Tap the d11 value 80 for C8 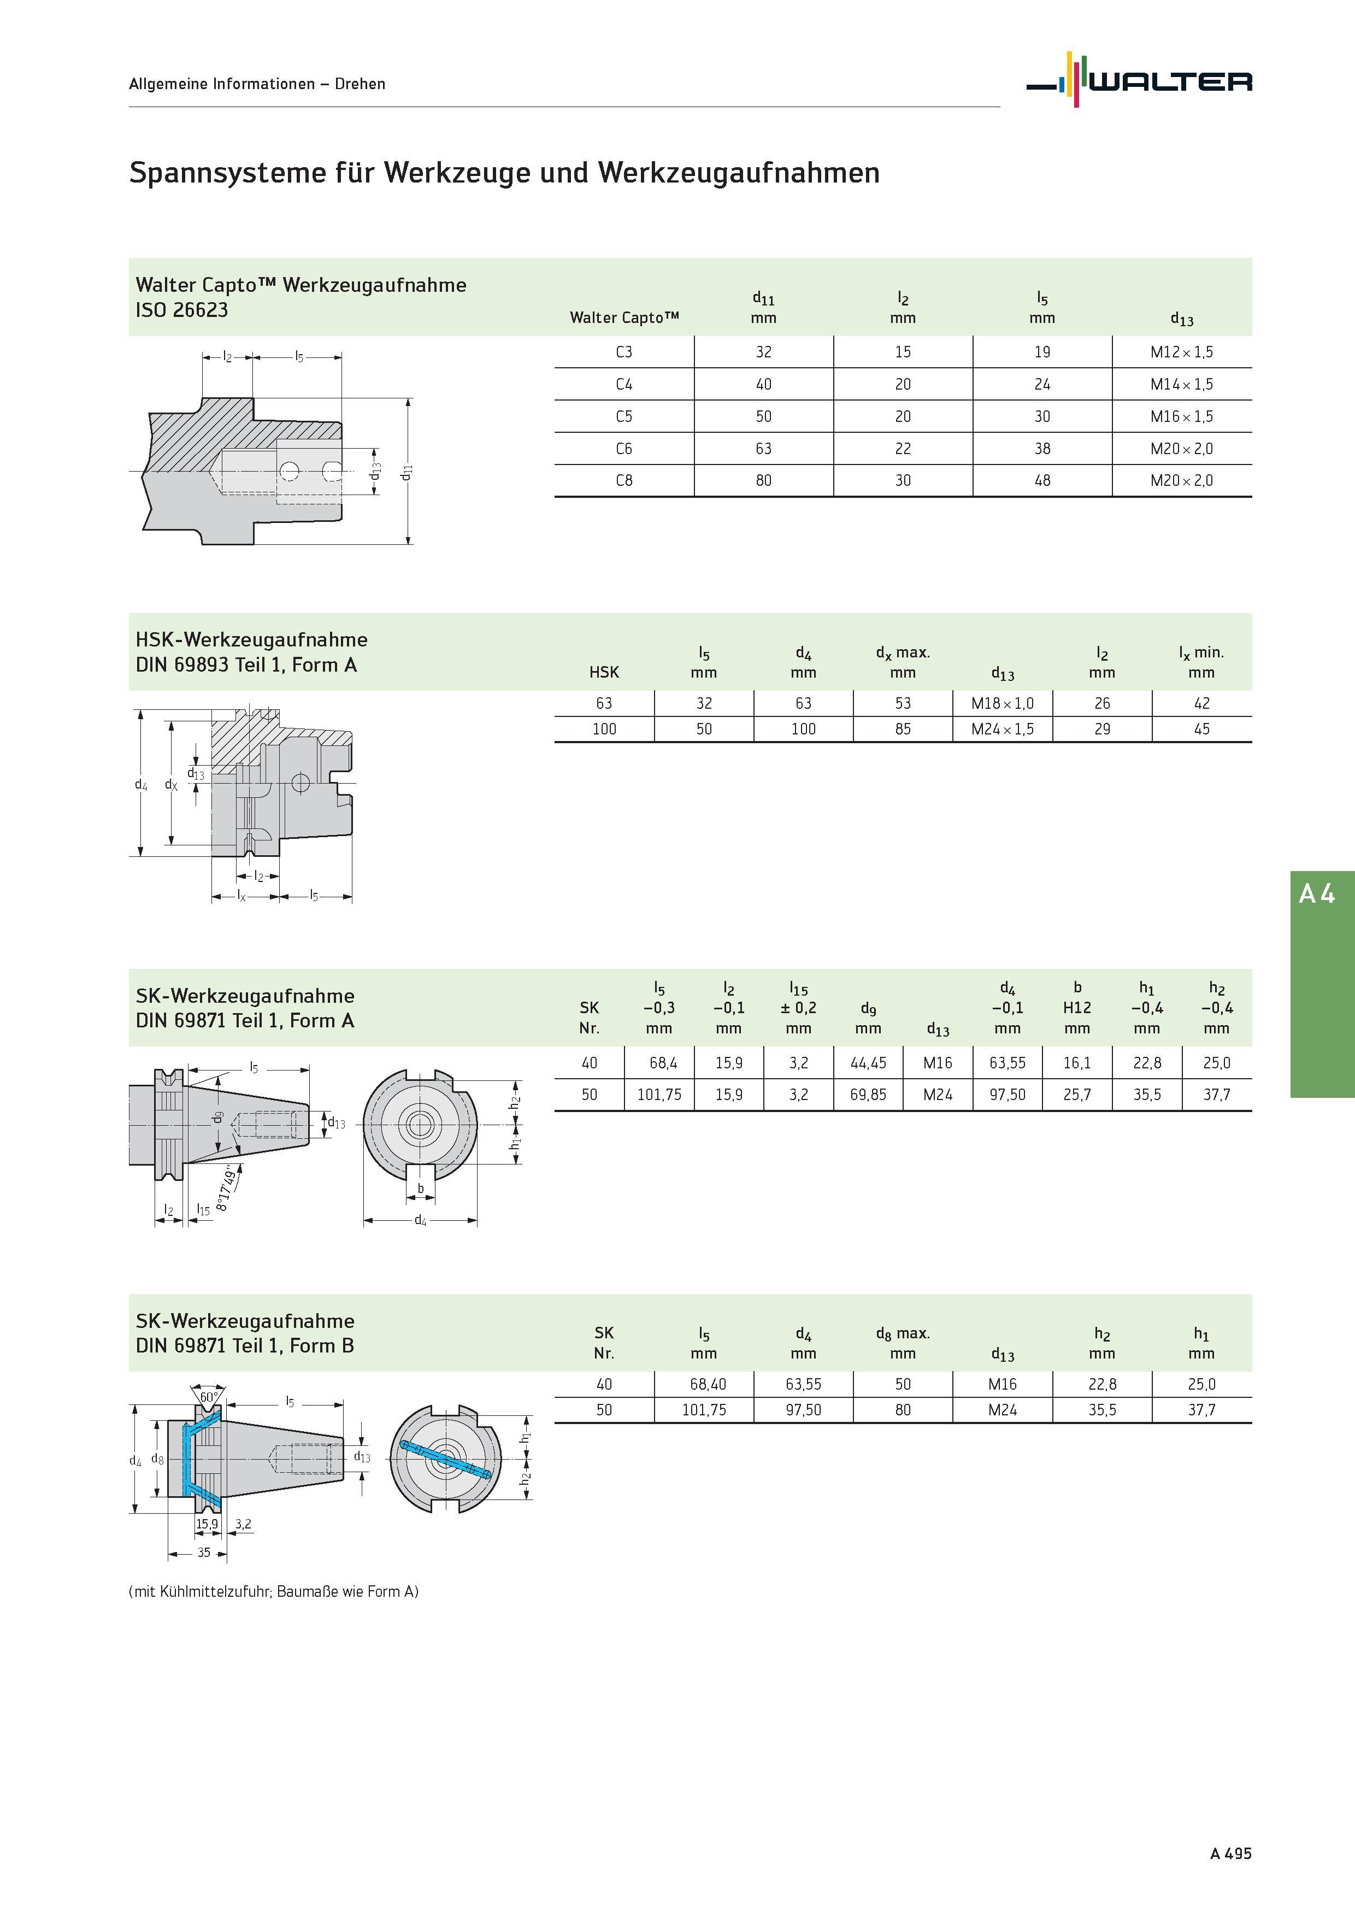tap(763, 481)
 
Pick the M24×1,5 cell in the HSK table tap(1002, 729)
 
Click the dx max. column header tap(903, 662)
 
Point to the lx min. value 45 tap(1201, 729)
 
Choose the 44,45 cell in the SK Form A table tap(868, 1063)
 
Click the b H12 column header tap(1077, 1008)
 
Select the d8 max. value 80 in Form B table tap(903, 1409)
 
